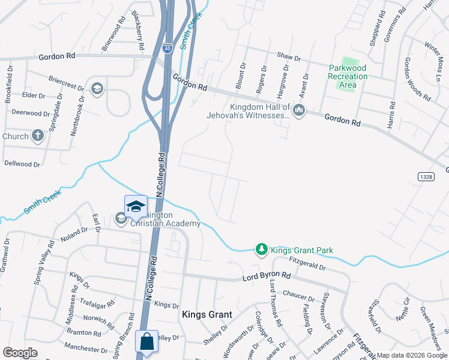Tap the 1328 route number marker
426,175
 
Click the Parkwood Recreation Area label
348,76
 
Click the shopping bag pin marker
147,343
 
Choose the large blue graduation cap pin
136,206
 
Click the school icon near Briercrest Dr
97,89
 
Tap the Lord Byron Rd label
266,276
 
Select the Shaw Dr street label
288,57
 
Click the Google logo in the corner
20,353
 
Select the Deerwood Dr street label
31,112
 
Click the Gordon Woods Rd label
415,78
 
